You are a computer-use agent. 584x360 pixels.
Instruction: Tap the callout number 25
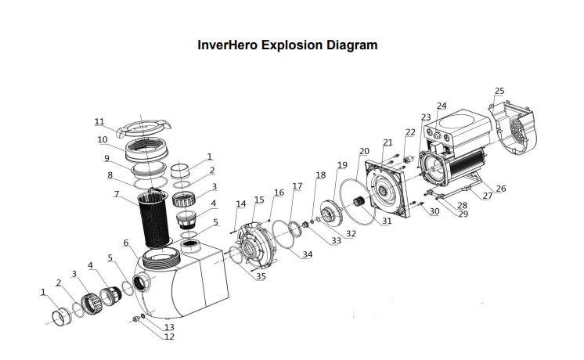click(499, 92)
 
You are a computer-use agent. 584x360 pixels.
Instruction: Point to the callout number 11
click(99, 122)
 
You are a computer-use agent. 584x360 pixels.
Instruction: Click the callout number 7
click(116, 193)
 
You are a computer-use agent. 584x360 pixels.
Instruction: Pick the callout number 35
click(261, 276)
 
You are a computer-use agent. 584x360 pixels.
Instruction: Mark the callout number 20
click(364, 151)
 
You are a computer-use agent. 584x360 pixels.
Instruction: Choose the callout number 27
click(487, 196)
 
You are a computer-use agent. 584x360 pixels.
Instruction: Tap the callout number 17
click(297, 186)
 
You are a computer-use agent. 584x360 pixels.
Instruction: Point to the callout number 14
click(241, 204)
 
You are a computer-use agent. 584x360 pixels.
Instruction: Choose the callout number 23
click(426, 117)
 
